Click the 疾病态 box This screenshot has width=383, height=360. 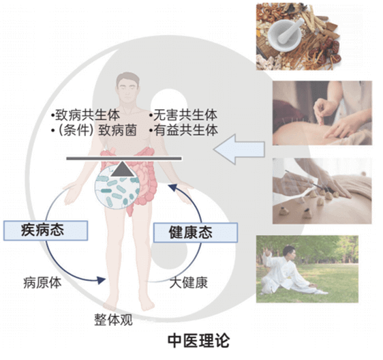[46, 230]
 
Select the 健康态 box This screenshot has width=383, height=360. [196, 232]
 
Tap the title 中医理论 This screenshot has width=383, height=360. [198, 341]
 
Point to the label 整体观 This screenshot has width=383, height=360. [113, 320]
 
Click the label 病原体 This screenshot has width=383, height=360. [42, 283]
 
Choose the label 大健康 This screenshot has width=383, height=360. [189, 283]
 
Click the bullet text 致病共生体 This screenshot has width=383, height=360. [87, 115]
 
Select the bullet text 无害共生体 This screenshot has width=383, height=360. [185, 115]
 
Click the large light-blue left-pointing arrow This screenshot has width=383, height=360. [239, 149]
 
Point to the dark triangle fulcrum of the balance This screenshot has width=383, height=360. [123, 168]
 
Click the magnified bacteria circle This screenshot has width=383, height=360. [117, 187]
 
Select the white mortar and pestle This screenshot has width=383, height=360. [285, 34]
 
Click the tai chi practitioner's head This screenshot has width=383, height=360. [289, 252]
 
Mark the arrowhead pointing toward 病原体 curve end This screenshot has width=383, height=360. [101, 280]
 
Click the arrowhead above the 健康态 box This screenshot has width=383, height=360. [172, 187]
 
